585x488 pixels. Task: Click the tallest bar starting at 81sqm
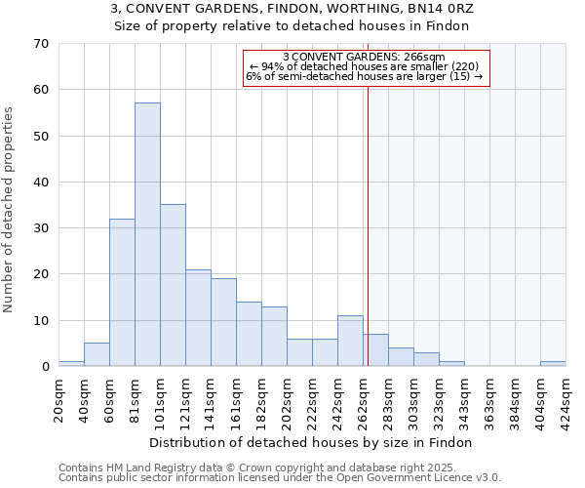(147, 234)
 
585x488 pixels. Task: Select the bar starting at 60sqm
(122, 292)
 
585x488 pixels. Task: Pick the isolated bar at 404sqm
(553, 363)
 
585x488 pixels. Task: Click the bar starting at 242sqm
(350, 341)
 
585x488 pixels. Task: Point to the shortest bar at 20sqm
(71, 363)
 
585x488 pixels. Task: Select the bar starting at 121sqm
(198, 317)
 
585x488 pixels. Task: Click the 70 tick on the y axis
(40, 44)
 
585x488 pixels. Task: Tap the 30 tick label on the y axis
(40, 228)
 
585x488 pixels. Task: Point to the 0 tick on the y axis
(44, 367)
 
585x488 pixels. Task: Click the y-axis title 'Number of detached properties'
(9, 210)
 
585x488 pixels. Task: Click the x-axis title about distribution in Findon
(312, 442)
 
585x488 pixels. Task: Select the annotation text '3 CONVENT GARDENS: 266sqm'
(364, 58)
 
